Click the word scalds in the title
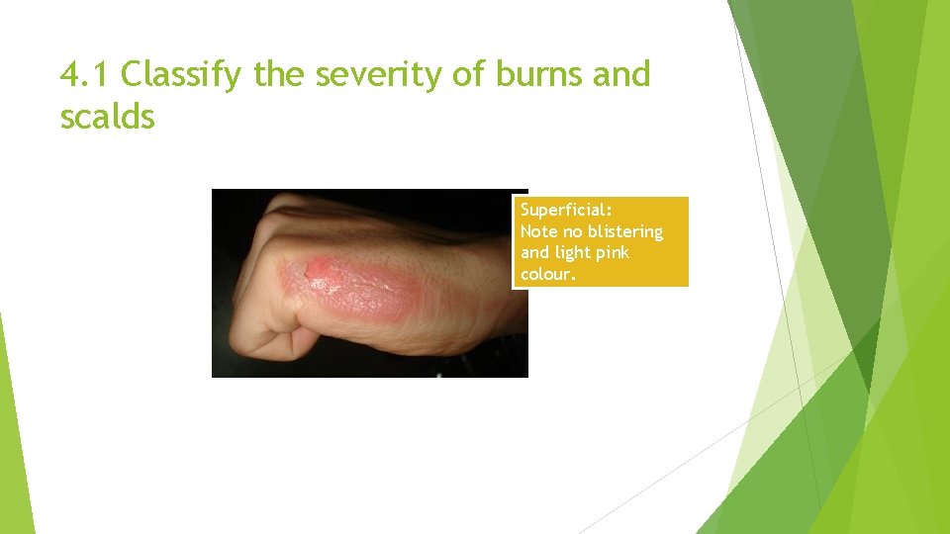click(107, 117)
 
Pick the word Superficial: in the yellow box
click(566, 210)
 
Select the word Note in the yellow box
click(539, 231)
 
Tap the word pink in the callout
click(613, 253)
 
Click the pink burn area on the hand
click(366, 287)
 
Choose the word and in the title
click(621, 74)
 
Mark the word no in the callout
click(574, 231)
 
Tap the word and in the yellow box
click(535, 253)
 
